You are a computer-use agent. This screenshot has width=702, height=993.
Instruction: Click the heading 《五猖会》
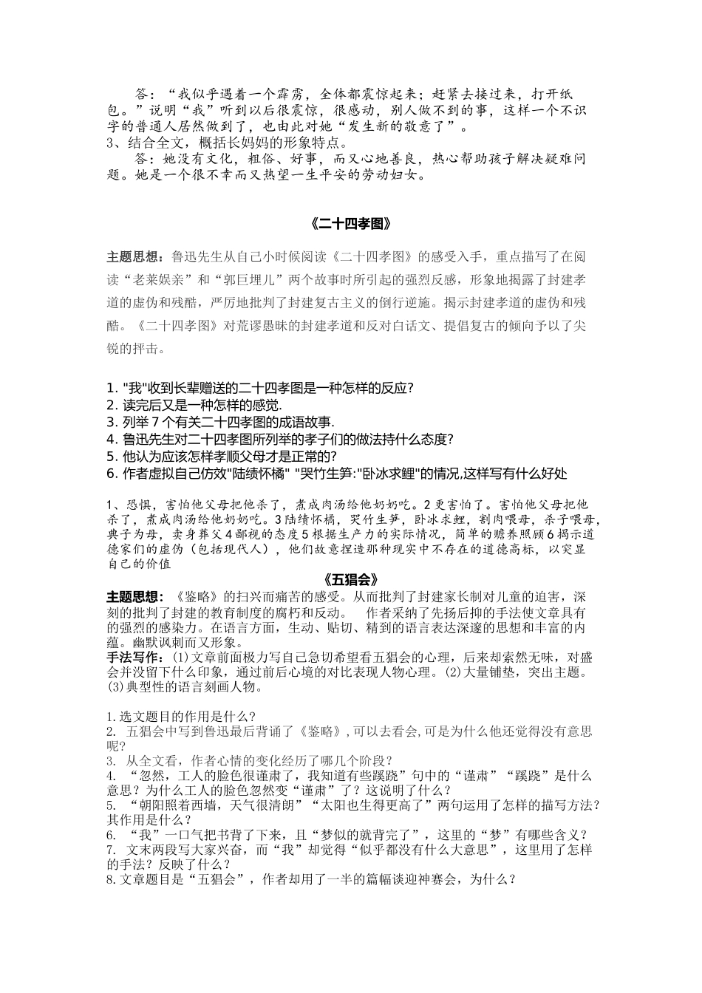[351, 579]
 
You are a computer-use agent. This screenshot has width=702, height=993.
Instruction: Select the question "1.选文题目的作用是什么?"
[182, 716]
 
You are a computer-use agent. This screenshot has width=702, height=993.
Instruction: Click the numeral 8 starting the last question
[109, 880]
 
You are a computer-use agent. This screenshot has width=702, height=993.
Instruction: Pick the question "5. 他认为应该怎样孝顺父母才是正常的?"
[222, 457]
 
